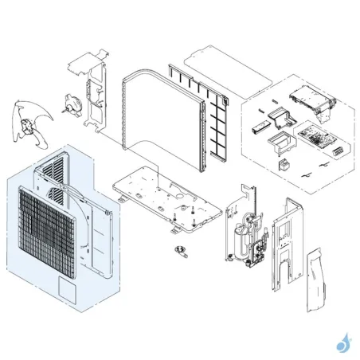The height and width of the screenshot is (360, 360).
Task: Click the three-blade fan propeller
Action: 31,122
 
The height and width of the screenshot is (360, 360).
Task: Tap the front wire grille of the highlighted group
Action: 48,231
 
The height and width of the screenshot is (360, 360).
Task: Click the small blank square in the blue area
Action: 69,292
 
